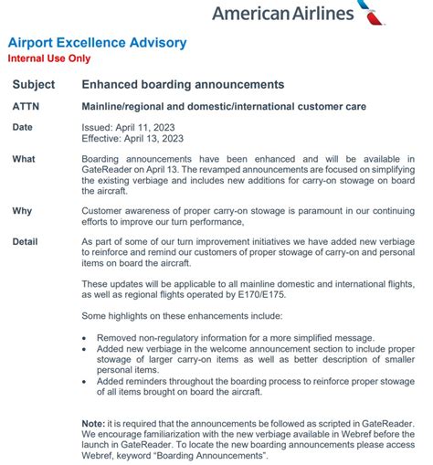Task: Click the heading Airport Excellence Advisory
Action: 97,43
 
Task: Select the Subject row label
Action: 34,84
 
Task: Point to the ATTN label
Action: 26,106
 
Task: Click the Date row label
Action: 23,127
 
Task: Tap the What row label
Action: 25,159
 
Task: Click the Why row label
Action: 23,210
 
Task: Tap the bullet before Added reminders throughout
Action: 86,382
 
